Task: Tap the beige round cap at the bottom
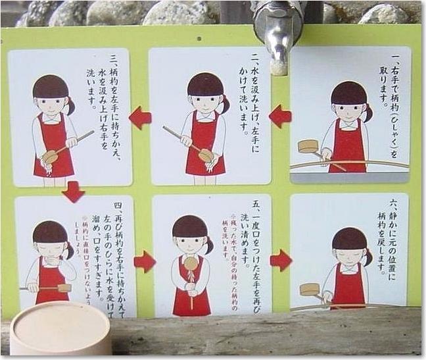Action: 61,328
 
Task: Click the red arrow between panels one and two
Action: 280,116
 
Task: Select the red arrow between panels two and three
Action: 140,118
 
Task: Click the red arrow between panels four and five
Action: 145,261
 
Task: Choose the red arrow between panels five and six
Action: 281,260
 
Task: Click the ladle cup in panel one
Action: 308,145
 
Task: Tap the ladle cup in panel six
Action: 309,290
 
